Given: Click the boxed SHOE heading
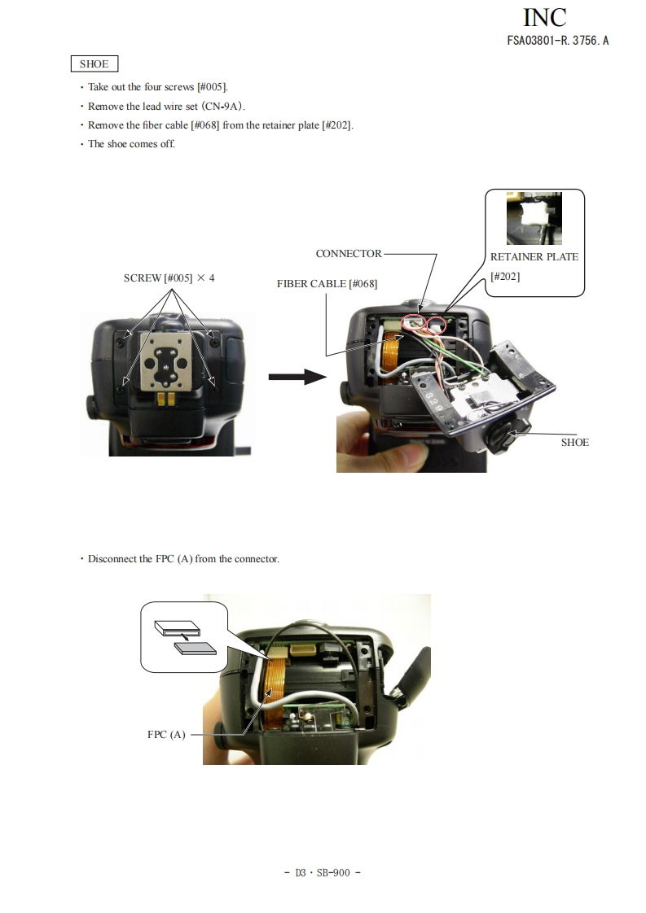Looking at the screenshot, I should point(94,63).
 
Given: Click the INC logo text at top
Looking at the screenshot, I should point(543,17).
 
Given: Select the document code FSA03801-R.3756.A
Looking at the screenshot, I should point(557,40).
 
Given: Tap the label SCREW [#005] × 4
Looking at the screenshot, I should point(169,277).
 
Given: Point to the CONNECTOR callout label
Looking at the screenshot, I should point(349,253).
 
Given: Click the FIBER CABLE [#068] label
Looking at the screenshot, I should point(327,283).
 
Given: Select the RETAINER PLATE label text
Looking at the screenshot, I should point(534,256).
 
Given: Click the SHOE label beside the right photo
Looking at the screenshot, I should point(574,442).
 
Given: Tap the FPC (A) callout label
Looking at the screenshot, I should point(166,734).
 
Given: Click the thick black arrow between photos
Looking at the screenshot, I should point(297,376).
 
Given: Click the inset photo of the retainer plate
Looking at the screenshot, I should point(533,218).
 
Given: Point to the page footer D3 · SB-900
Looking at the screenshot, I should point(323,872).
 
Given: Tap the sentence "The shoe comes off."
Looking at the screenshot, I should point(131,144).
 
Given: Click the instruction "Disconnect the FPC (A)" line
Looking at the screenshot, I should point(183,559).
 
